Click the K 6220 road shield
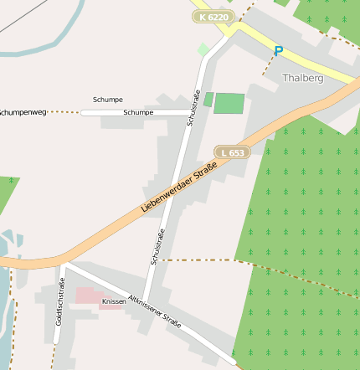tap(212, 16)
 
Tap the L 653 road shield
tap(234, 152)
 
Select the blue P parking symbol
tap(278, 52)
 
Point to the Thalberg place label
tap(303, 78)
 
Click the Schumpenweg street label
tap(23, 111)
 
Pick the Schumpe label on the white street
tap(138, 112)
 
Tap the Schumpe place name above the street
tap(108, 99)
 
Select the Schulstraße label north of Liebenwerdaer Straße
tap(194, 109)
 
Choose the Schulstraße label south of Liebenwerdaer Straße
tap(157, 247)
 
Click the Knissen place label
tap(113, 301)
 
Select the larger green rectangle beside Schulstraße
tap(229, 103)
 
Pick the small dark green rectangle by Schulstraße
tap(208, 99)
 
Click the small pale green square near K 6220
tap(203, 49)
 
